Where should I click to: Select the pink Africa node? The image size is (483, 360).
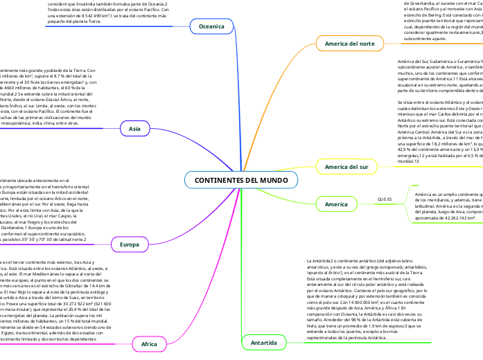(x=149, y=343)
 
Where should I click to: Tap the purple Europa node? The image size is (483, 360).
(x=130, y=244)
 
